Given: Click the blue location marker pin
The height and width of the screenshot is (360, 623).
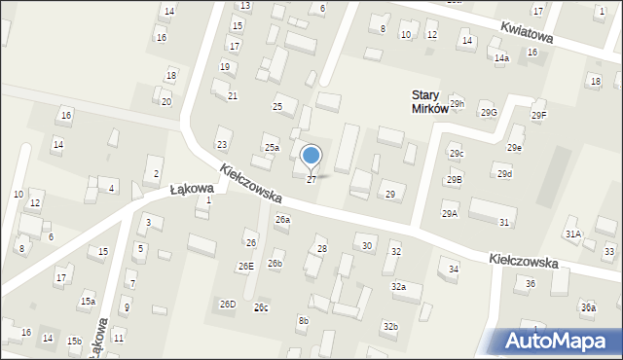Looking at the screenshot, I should coord(311,156).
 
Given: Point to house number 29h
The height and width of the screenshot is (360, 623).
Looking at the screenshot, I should coord(457,104).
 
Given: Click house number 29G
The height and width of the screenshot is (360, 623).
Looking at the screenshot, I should coord(488,113).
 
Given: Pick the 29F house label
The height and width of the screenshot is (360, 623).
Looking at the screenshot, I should coord(538,116).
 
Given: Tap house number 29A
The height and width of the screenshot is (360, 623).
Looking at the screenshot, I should coord(449,214).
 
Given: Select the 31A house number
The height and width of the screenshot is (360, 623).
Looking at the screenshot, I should coord(573,234).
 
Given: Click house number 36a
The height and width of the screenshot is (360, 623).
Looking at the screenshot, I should coord(588,307).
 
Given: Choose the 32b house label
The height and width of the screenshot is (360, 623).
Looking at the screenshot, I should coord(390,326).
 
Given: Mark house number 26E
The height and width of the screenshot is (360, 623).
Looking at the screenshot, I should coord(245,266).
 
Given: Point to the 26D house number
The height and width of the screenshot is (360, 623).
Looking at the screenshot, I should coord(227,305).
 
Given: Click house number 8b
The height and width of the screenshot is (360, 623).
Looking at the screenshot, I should coord(304,320).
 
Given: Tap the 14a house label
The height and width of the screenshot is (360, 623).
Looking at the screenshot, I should coord(501,58).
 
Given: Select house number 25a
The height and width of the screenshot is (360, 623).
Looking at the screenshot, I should coord(272,148).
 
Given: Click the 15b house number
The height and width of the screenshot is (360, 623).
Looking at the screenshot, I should coord(74,341).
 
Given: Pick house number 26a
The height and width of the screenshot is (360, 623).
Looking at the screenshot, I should coord(282,220).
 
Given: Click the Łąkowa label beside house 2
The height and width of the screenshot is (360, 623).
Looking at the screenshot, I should coord(164,188).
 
